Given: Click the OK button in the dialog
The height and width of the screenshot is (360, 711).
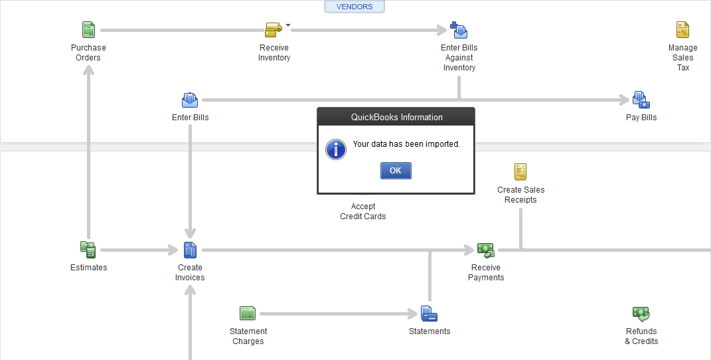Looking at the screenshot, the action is point(396,171).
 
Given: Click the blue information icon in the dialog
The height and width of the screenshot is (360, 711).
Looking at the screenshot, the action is point(336,149).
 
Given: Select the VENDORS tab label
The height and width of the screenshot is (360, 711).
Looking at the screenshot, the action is point(355,7).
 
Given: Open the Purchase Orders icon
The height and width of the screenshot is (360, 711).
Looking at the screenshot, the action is point(88,30).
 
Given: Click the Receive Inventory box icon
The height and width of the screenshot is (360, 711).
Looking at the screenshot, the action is point(274,30).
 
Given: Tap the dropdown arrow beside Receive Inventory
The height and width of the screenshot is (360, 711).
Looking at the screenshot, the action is point(288,25).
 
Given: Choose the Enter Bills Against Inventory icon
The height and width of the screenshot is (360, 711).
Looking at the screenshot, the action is point(459,30).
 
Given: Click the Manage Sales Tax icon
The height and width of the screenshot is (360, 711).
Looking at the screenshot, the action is point(682,30).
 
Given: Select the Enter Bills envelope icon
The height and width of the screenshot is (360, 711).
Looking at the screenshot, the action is point(190,100).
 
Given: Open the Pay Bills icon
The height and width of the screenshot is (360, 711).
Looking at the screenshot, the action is point(641,100).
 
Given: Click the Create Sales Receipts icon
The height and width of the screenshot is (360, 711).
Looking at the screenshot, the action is point(520,172).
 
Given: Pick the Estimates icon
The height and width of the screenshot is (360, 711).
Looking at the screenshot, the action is point(88,250).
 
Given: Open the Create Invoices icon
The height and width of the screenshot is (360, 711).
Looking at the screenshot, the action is point(190,250).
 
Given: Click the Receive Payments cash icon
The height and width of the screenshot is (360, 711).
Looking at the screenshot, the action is point(486,250).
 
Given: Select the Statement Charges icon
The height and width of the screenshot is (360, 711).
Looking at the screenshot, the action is point(248,314).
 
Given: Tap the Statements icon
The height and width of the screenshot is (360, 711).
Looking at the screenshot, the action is point(429,314).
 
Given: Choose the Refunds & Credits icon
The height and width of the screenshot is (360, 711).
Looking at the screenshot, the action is point(641,314).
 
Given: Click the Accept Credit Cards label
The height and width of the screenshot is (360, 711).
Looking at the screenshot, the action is point(362,211).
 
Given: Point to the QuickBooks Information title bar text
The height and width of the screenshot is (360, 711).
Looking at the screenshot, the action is point(397,117).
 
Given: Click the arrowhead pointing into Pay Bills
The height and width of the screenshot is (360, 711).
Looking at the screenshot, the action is point(625,100).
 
